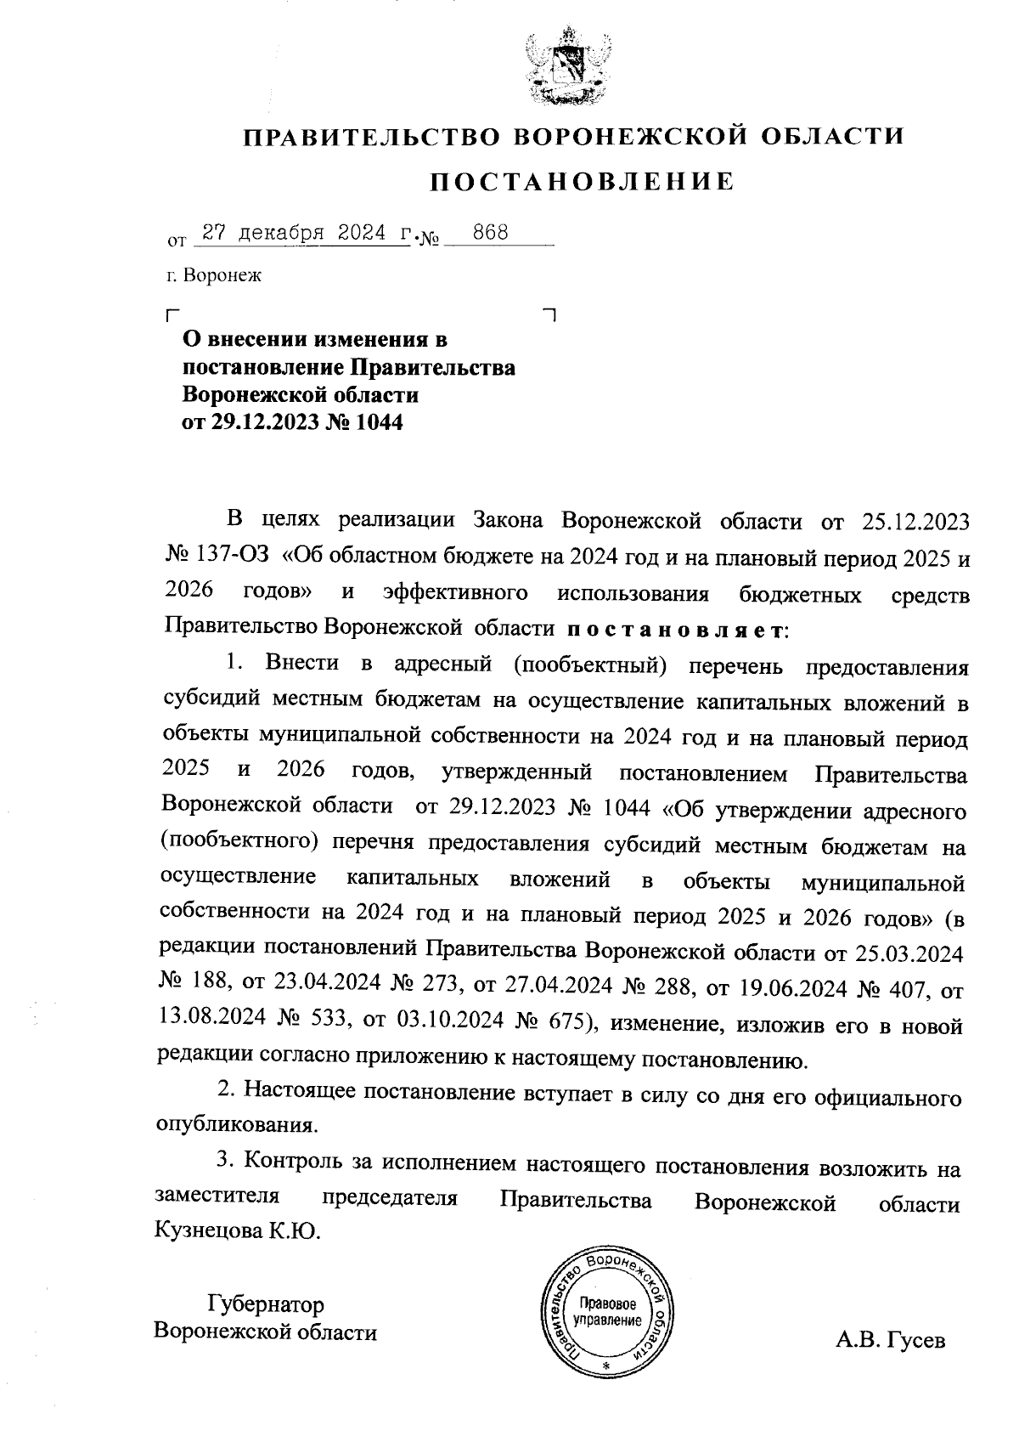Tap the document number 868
pos(491,232)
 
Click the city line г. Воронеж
pos(215,275)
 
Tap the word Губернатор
pos(265,1303)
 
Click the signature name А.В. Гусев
pos(890,1340)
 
